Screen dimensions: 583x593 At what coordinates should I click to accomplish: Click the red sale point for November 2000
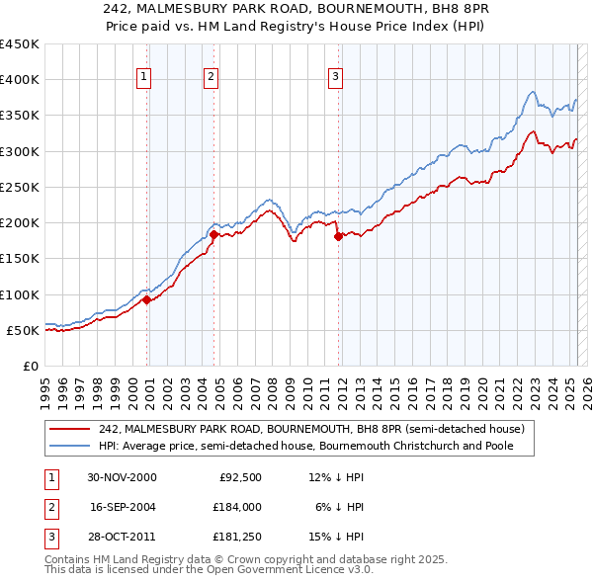click(147, 299)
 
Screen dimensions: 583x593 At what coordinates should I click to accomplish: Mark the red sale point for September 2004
click(213, 234)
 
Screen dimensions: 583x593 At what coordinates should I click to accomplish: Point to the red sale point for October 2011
click(338, 236)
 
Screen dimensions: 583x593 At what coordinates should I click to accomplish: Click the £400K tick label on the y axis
click(20, 80)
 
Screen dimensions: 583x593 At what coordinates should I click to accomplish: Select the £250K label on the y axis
click(20, 187)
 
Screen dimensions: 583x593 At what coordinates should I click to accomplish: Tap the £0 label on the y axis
click(31, 366)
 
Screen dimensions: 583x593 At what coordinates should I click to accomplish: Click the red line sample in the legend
click(70, 429)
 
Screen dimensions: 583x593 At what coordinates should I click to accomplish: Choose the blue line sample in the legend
click(70, 446)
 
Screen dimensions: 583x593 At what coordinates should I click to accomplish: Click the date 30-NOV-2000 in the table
click(123, 477)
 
